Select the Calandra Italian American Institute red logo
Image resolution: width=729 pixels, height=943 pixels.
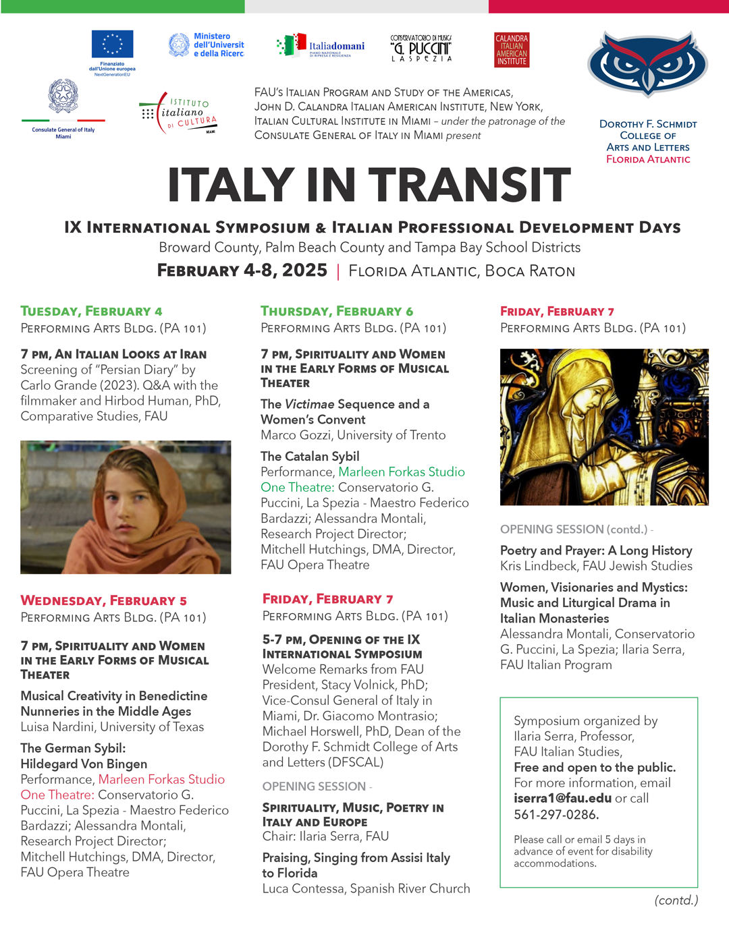512,50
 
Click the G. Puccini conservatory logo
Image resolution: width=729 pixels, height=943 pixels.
421,49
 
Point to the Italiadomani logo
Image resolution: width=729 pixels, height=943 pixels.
321,46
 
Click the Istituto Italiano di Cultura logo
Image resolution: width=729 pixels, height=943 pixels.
180,113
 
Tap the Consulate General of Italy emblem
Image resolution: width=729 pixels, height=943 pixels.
63,96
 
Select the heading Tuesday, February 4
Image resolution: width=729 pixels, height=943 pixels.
91,311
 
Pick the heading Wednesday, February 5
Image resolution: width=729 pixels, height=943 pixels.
103,600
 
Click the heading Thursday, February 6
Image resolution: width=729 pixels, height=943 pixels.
337,311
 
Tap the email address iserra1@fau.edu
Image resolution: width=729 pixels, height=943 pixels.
562,798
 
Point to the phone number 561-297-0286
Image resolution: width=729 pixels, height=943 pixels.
556,814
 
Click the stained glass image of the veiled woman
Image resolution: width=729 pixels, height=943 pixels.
604,426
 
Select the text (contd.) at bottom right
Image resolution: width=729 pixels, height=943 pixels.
676,900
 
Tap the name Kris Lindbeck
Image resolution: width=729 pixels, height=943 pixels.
539,566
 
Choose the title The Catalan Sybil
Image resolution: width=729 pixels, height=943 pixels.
310,456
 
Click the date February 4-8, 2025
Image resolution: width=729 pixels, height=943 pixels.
242,270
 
